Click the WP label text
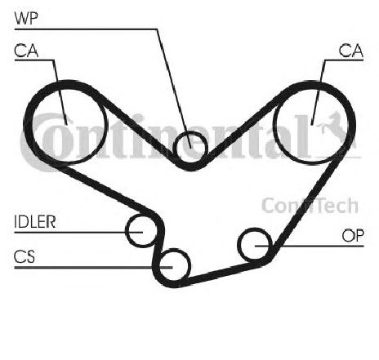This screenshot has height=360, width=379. click(x=26, y=18)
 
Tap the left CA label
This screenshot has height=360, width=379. click(x=26, y=51)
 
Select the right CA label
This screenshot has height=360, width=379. click(x=351, y=51)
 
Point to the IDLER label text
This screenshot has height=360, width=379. click(x=35, y=222)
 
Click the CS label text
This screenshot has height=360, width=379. click(x=25, y=256)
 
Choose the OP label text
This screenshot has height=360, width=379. click(x=353, y=236)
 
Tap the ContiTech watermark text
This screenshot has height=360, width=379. click(x=310, y=206)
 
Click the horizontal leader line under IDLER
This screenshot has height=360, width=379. click(x=78, y=233)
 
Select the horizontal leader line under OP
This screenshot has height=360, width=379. click(x=310, y=246)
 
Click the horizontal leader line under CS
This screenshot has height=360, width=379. click(x=93, y=268)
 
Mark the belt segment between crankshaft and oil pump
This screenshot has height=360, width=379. click(x=221, y=273)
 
